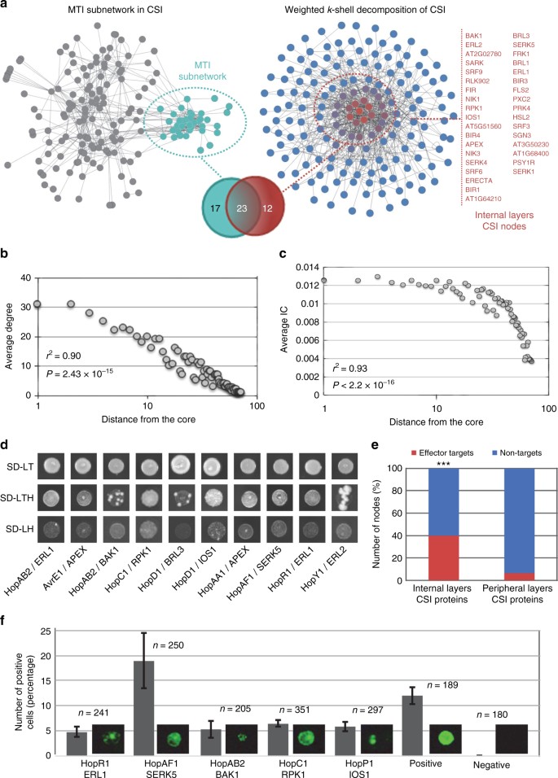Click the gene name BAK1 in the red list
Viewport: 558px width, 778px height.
474,37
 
